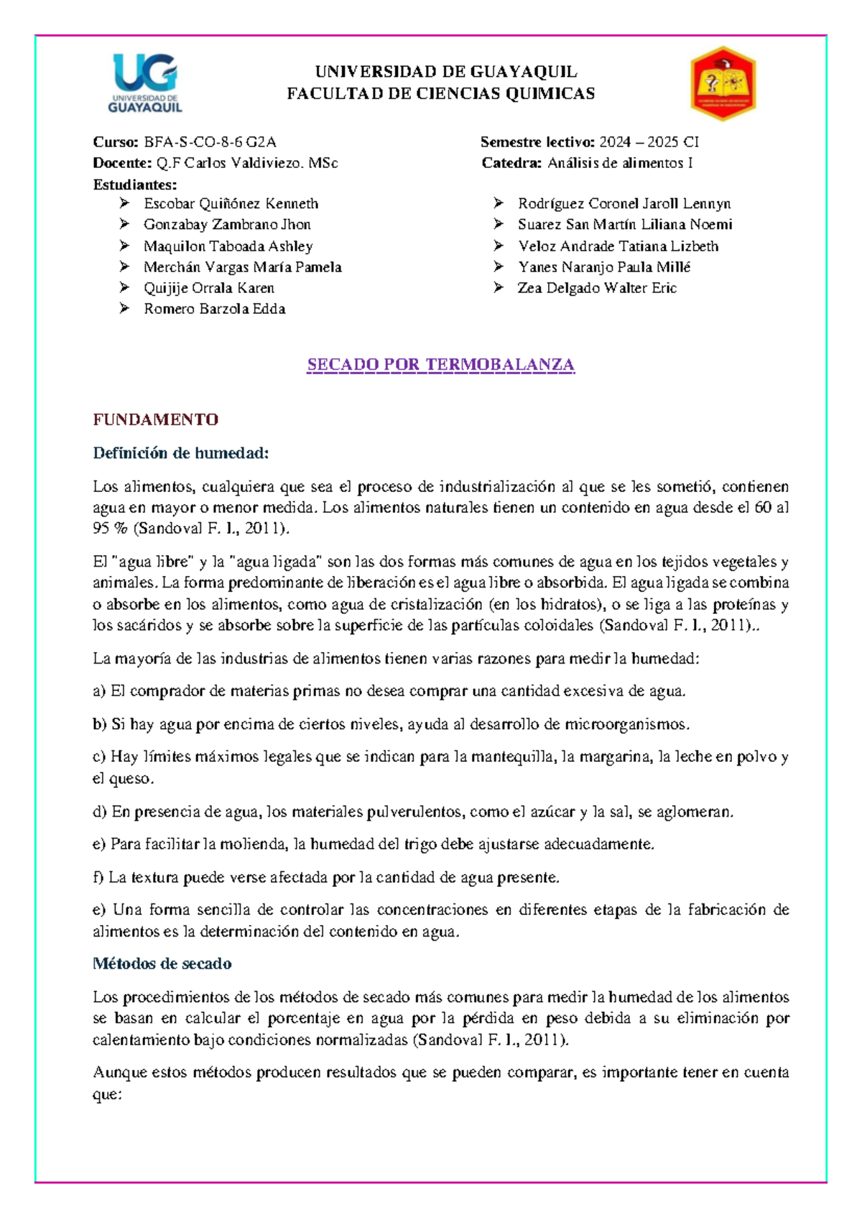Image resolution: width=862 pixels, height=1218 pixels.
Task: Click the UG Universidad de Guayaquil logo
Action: tap(146, 83)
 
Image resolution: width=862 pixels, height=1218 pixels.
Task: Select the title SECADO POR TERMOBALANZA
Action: tap(440, 365)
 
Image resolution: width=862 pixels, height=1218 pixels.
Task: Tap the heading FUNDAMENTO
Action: tap(155, 419)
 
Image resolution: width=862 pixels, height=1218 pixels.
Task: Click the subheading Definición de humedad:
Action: tap(180, 453)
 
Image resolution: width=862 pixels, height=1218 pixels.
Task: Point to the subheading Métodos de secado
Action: tap(162, 964)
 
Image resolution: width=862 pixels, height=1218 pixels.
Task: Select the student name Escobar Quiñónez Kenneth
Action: tap(231, 204)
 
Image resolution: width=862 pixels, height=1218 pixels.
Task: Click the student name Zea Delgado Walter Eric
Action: tap(597, 288)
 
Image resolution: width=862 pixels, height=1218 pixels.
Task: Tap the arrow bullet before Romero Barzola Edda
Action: tap(124, 309)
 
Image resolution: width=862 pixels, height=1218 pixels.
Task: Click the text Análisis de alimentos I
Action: tap(619, 163)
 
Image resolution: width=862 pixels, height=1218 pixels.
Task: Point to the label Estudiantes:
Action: tap(134, 185)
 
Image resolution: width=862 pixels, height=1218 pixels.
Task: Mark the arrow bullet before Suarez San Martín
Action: tap(499, 225)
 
